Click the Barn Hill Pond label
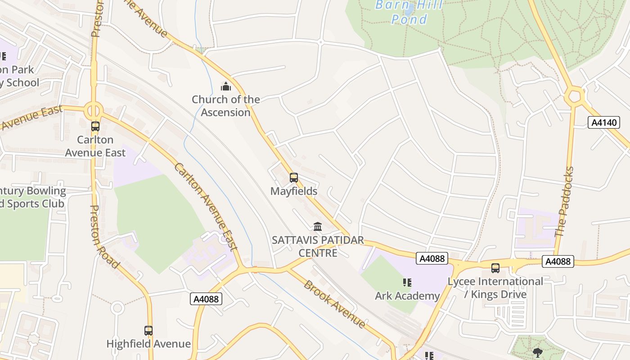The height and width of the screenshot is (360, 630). click(x=409, y=12)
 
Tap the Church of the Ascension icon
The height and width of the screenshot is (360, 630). click(x=226, y=86)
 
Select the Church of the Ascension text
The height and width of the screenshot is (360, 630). click(x=226, y=106)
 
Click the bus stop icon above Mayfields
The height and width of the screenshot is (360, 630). click(x=294, y=178)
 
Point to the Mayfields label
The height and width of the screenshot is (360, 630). click(x=294, y=191)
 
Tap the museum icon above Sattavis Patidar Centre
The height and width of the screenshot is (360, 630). click(x=318, y=226)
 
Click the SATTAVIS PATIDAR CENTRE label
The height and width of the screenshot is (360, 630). click(x=318, y=247)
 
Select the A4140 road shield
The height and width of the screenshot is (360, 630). click(x=604, y=122)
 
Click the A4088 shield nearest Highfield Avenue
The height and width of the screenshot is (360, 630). click(x=206, y=299)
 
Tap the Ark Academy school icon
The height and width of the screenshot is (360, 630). click(x=407, y=283)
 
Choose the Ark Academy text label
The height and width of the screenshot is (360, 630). click(x=407, y=296)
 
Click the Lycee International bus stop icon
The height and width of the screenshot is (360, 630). click(x=495, y=268)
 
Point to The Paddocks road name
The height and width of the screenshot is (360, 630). click(x=565, y=202)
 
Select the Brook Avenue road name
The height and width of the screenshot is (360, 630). click(x=334, y=304)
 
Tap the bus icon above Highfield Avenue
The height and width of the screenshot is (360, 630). click(x=148, y=331)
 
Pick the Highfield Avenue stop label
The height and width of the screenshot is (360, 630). click(x=148, y=344)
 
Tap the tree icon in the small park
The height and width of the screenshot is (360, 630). click(x=537, y=352)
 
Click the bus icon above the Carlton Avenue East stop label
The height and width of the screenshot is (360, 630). click(x=95, y=126)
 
